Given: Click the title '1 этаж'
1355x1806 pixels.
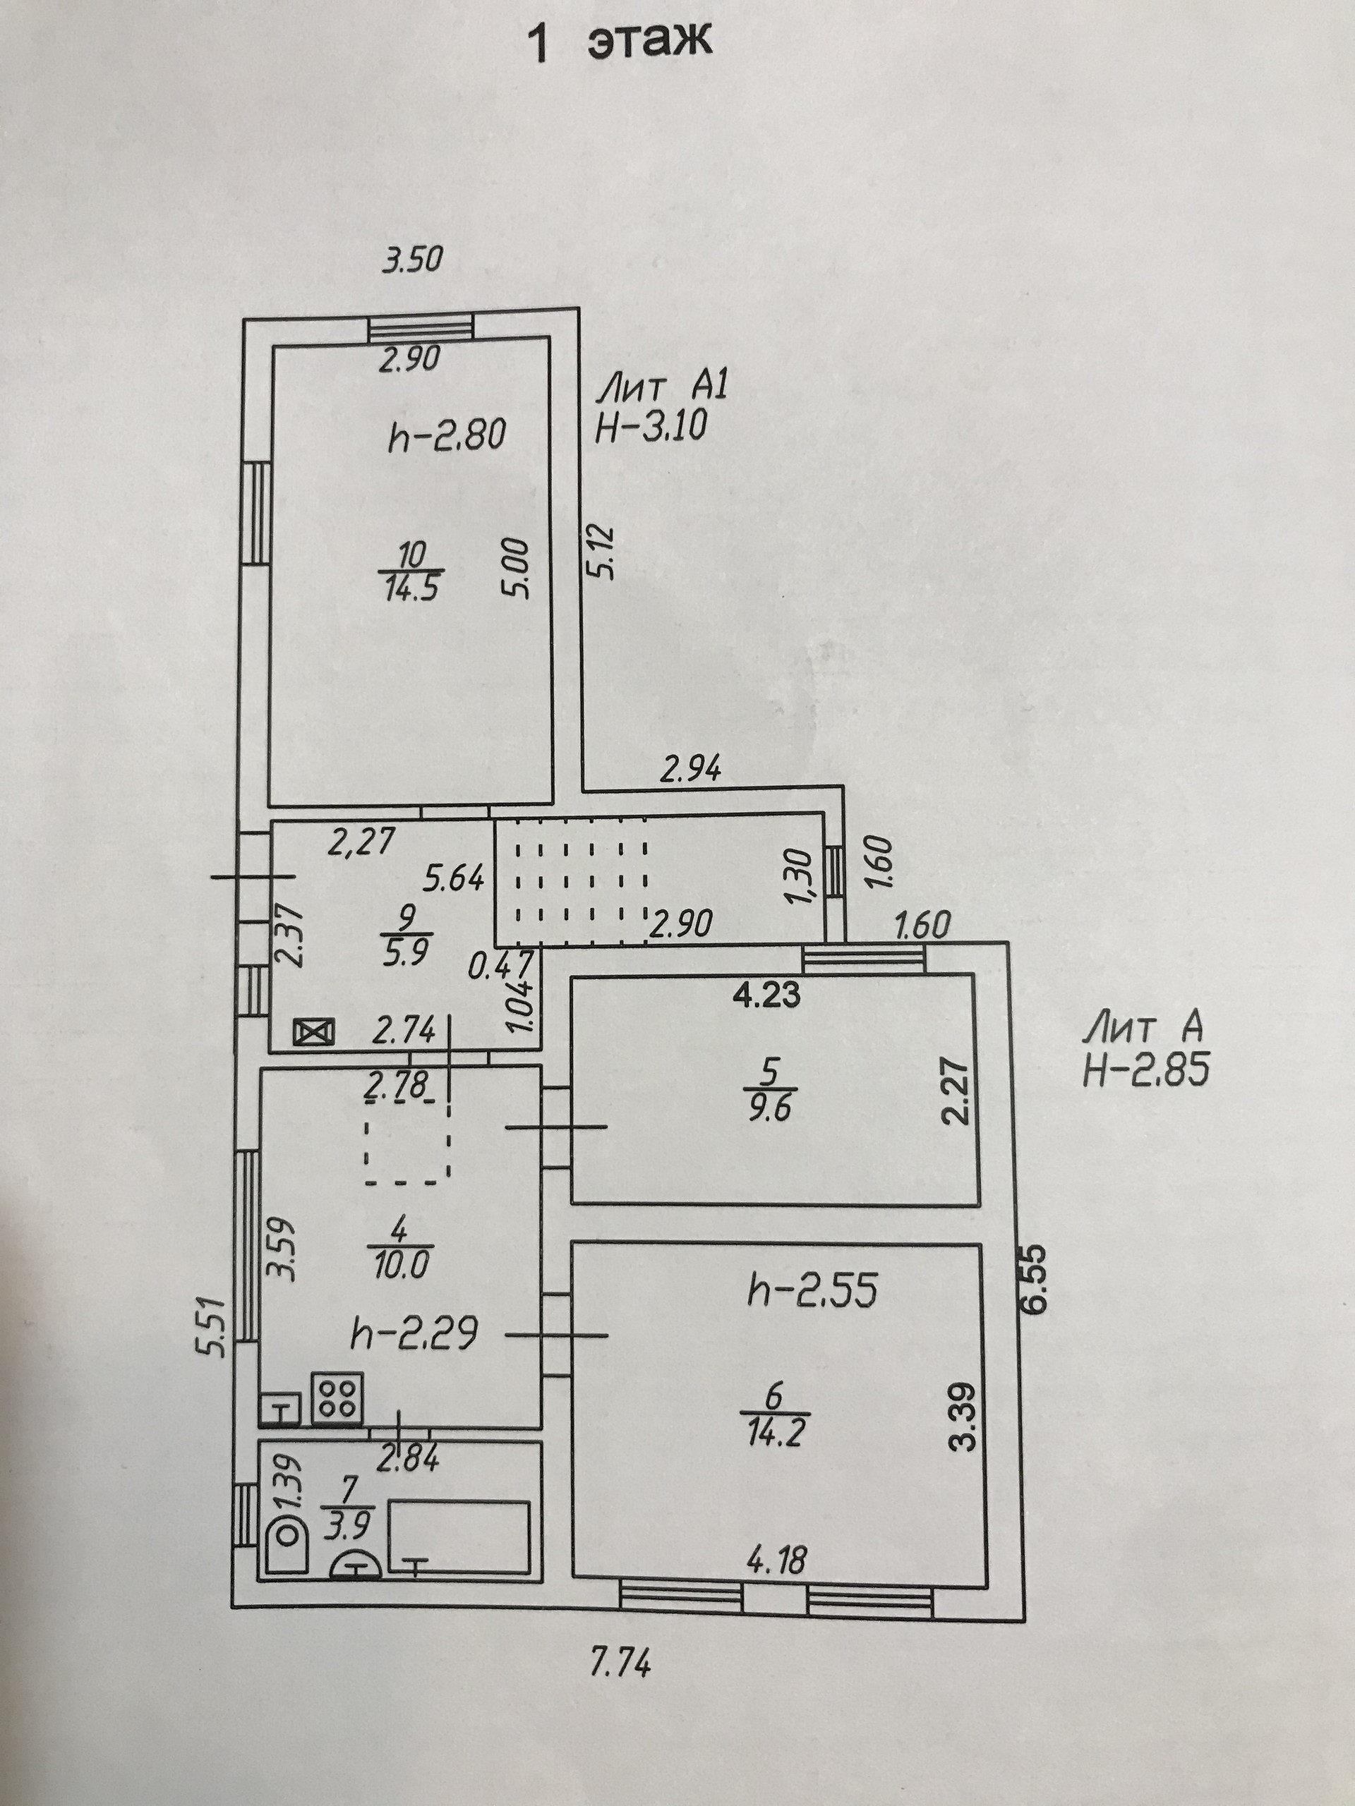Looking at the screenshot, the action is pos(621,42).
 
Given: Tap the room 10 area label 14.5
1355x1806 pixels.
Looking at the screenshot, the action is pos(411,587).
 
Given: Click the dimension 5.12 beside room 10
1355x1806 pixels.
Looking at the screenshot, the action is pos(603,553).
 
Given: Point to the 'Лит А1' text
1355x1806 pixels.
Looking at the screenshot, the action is pos(661,386).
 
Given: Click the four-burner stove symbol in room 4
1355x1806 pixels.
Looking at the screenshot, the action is pos(337,1397).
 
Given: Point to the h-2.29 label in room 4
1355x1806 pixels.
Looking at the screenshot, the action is pos(414,1335).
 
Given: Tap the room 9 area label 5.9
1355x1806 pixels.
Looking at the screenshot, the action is pos(406,952).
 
